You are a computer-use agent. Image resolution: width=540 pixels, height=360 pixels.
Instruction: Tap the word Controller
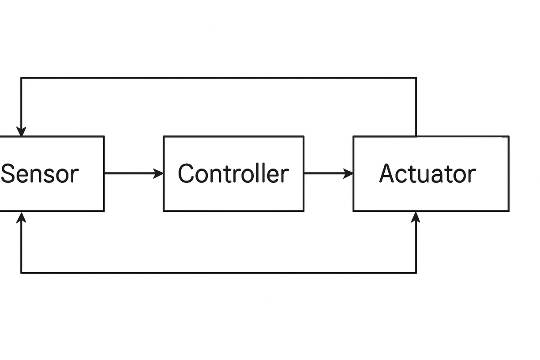pyautogui.click(x=233, y=174)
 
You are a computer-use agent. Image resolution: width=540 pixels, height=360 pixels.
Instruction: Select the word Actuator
pyautogui.click(x=427, y=174)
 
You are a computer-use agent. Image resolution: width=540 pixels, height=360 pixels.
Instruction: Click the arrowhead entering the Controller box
pyautogui.click(x=159, y=173)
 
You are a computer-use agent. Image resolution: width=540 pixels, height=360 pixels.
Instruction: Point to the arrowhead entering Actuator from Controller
pyautogui.click(x=349, y=173)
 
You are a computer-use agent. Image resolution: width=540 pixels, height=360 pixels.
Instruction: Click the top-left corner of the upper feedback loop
pyautogui.click(x=21, y=78)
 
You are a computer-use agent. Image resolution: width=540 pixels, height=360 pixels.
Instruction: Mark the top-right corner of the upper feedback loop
pyautogui.click(x=416, y=78)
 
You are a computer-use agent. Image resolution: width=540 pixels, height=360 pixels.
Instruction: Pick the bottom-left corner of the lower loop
pyautogui.click(x=21, y=273)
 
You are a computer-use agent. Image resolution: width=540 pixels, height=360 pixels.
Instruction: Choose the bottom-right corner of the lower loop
pyautogui.click(x=416, y=273)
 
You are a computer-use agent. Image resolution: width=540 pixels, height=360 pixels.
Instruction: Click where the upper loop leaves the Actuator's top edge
pyautogui.click(x=416, y=136)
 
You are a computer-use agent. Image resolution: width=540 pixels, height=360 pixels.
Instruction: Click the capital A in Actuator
pyautogui.click(x=387, y=174)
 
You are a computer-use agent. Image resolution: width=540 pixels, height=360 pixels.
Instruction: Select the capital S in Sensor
pyautogui.click(x=8, y=174)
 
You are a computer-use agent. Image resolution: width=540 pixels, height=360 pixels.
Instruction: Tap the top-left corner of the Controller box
pyautogui.click(x=164, y=137)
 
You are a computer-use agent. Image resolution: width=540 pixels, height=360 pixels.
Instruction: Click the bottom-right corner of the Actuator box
pyautogui.click(x=508, y=211)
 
